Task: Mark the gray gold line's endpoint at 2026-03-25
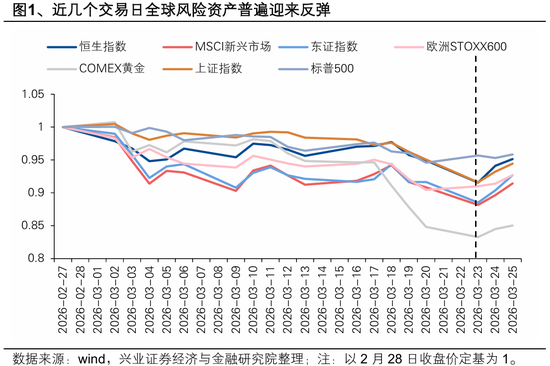[x=513, y=225]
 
